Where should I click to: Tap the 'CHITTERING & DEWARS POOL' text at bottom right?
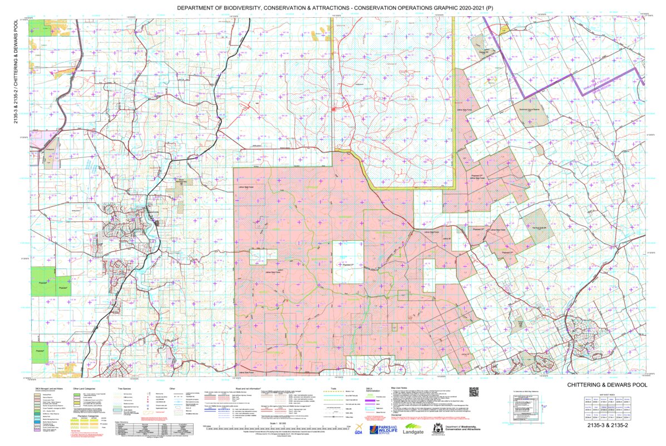607,385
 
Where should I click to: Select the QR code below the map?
474,392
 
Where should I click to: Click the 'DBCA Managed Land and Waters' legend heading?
46,388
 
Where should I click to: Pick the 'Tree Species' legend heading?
124,388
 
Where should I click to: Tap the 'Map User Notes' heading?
401,388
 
